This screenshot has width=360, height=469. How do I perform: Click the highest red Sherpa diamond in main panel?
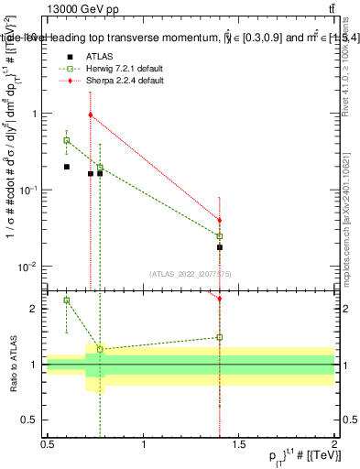tap(91, 115)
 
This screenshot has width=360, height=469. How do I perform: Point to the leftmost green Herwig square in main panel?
tap(67, 140)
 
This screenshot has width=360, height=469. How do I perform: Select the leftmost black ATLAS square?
tap(67, 167)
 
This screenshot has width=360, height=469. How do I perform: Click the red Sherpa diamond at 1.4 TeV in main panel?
tap(220, 220)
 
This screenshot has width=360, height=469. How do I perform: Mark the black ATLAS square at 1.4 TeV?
tap(220, 247)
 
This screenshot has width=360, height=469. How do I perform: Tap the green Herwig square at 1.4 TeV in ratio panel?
tap(220, 337)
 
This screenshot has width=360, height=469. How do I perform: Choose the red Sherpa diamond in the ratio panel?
tap(220, 298)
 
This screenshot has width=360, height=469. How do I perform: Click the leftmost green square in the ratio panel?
tap(67, 300)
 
